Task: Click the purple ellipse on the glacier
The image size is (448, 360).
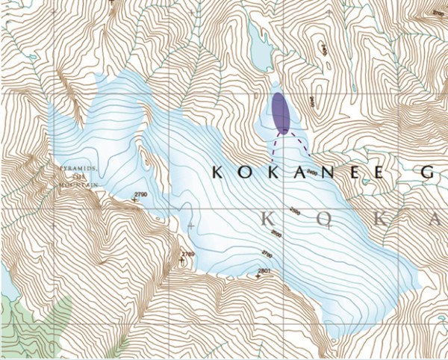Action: pyautogui.click(x=280, y=113)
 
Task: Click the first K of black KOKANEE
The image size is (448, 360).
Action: pyautogui.click(x=217, y=173)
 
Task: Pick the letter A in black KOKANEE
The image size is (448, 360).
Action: pyautogui.click(x=293, y=173)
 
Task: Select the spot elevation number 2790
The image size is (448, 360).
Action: pyautogui.click(x=140, y=195)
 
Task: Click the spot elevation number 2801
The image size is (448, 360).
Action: pyautogui.click(x=262, y=270)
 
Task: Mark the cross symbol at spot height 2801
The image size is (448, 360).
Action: pyautogui.click(x=258, y=277)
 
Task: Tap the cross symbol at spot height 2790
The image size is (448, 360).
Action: pyautogui.click(x=134, y=201)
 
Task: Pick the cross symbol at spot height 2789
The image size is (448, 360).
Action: pyautogui.click(x=181, y=261)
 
